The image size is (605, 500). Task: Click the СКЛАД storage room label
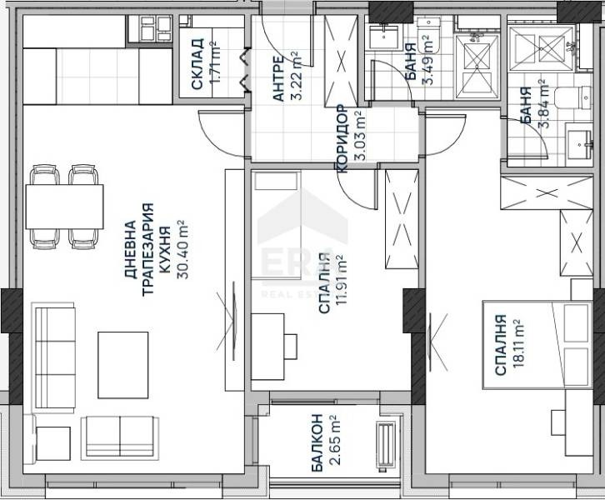(197, 63)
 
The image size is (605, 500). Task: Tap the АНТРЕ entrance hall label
(278, 78)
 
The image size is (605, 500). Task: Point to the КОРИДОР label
(342, 138)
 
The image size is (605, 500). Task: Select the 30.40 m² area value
(182, 250)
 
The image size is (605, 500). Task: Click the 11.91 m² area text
(341, 280)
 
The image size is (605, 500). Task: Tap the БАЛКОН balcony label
(317, 442)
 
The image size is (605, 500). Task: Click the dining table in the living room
(64, 207)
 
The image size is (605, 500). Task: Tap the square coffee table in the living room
(123, 365)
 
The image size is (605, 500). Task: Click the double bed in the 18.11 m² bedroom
(537, 345)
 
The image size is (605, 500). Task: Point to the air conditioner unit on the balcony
(386, 447)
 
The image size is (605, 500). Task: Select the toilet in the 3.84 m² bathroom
(573, 98)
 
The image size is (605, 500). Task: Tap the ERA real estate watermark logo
(302, 247)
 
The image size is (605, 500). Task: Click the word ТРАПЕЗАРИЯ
(148, 250)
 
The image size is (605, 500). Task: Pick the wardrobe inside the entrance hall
(341, 61)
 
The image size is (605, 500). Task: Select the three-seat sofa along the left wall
(55, 355)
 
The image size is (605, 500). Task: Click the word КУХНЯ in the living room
(165, 250)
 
